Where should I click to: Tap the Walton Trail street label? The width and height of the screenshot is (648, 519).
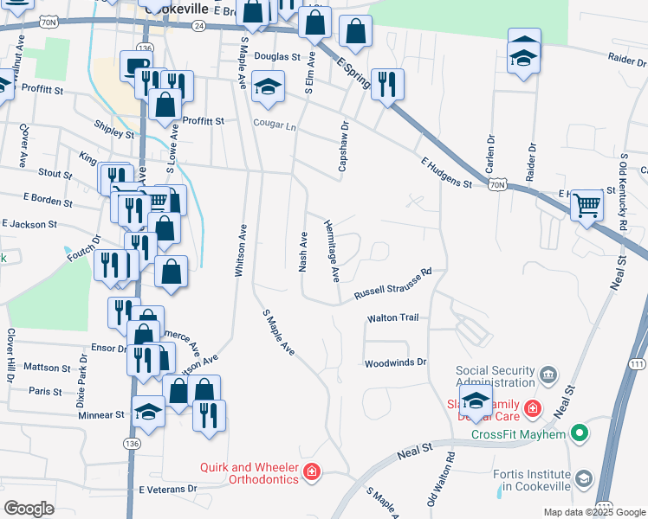tap(392, 318)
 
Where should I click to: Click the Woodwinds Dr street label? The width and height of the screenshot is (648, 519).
tap(396, 362)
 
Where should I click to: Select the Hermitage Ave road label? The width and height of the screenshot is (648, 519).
tap(333, 250)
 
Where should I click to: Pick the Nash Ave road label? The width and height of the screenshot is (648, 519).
tap(303, 252)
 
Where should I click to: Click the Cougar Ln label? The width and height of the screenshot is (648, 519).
tap(275, 125)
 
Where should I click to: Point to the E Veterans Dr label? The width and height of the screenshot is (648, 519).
tap(168, 489)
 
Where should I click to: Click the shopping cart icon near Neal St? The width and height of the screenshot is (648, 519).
tap(587, 205)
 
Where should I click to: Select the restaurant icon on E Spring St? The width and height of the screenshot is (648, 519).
tap(386, 84)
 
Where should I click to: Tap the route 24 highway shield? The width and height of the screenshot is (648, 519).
tap(199, 27)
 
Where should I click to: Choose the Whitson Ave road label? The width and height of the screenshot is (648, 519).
tap(242, 251)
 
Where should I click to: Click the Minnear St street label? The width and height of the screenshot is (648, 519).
tap(101, 415)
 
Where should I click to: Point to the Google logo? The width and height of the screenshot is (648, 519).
tap(29, 508)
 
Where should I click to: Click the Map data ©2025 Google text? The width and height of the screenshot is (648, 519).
tap(593, 512)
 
